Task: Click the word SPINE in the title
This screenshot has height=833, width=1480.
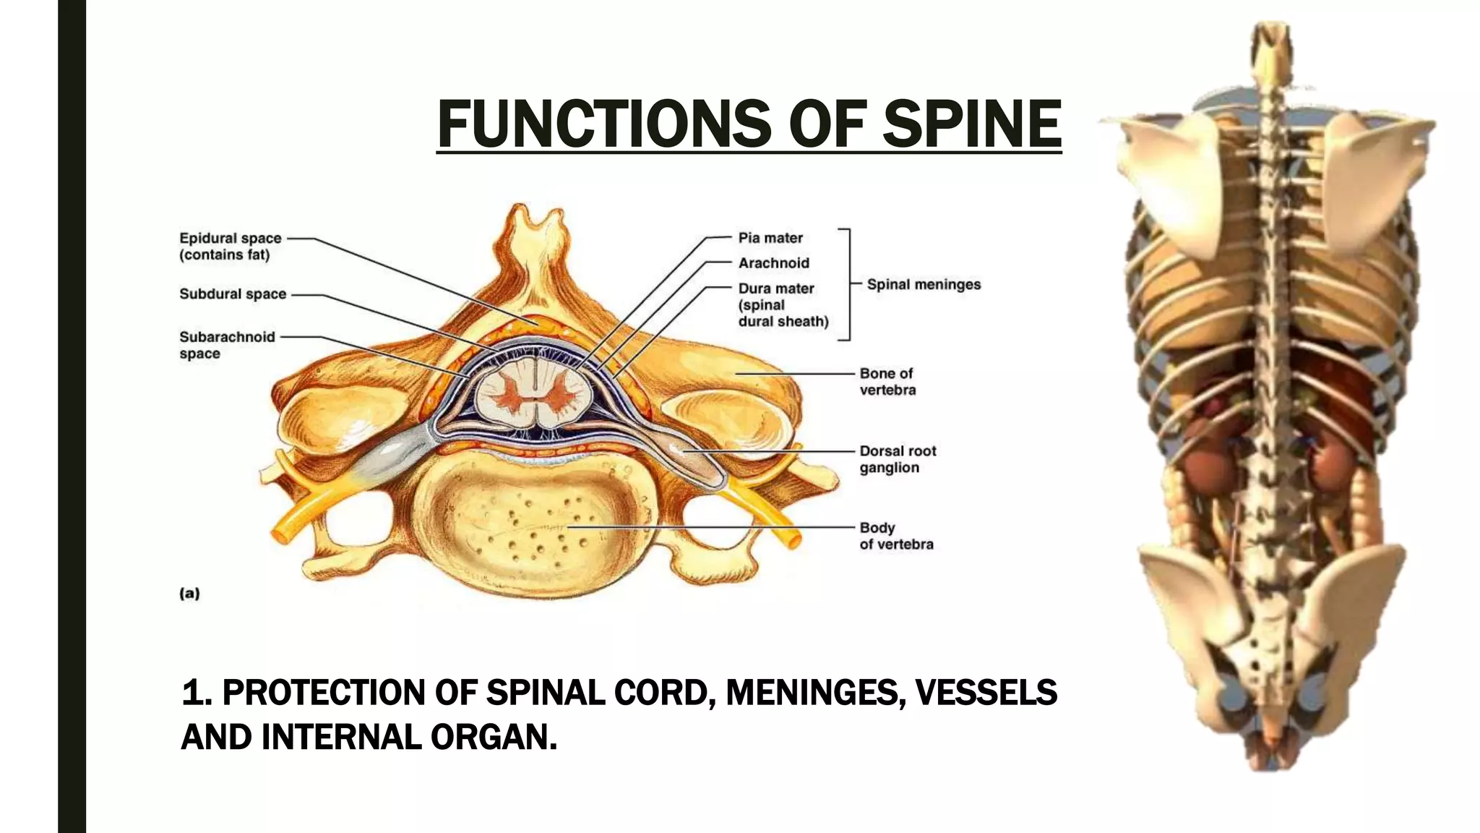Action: [x=971, y=124]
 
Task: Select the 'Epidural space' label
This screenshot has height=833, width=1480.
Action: [x=230, y=246]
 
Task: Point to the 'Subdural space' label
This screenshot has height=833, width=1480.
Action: [x=233, y=294]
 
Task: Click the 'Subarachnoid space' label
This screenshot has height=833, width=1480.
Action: [x=226, y=345]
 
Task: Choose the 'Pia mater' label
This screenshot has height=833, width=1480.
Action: [x=770, y=238]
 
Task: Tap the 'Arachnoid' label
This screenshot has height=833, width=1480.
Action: [x=773, y=263]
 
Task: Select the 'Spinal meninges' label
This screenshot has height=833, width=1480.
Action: [x=924, y=285]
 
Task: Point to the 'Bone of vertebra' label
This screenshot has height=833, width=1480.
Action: [x=887, y=382]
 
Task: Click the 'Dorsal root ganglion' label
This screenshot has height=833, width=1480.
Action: [x=898, y=459]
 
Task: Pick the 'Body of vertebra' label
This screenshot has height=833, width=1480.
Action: [x=896, y=536]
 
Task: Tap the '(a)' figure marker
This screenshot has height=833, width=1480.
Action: [x=189, y=594]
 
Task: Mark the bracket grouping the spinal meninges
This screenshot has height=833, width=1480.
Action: [x=847, y=285]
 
